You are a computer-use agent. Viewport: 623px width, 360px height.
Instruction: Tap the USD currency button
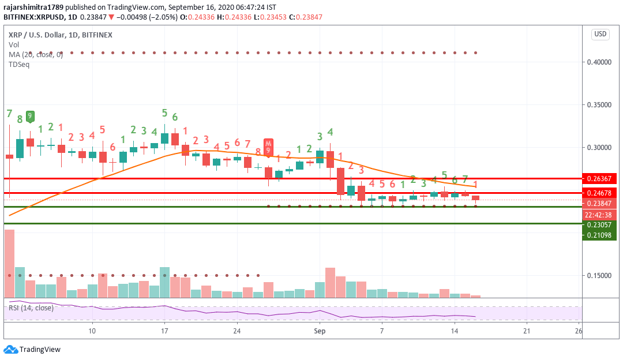click(x=601, y=34)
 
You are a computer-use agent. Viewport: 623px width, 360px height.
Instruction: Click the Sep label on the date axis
click(x=320, y=331)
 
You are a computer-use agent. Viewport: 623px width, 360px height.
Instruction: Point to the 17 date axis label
click(x=164, y=331)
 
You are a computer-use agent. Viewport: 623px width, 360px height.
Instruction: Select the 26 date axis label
click(x=579, y=331)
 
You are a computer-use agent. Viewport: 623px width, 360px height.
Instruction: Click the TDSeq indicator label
click(x=19, y=64)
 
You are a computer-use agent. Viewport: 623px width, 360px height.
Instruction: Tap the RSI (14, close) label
click(x=31, y=307)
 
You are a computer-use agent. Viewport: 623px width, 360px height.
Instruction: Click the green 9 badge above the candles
click(x=30, y=115)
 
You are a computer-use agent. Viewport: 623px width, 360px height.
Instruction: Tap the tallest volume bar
click(x=9, y=263)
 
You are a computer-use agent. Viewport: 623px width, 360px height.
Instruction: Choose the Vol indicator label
click(x=13, y=44)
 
